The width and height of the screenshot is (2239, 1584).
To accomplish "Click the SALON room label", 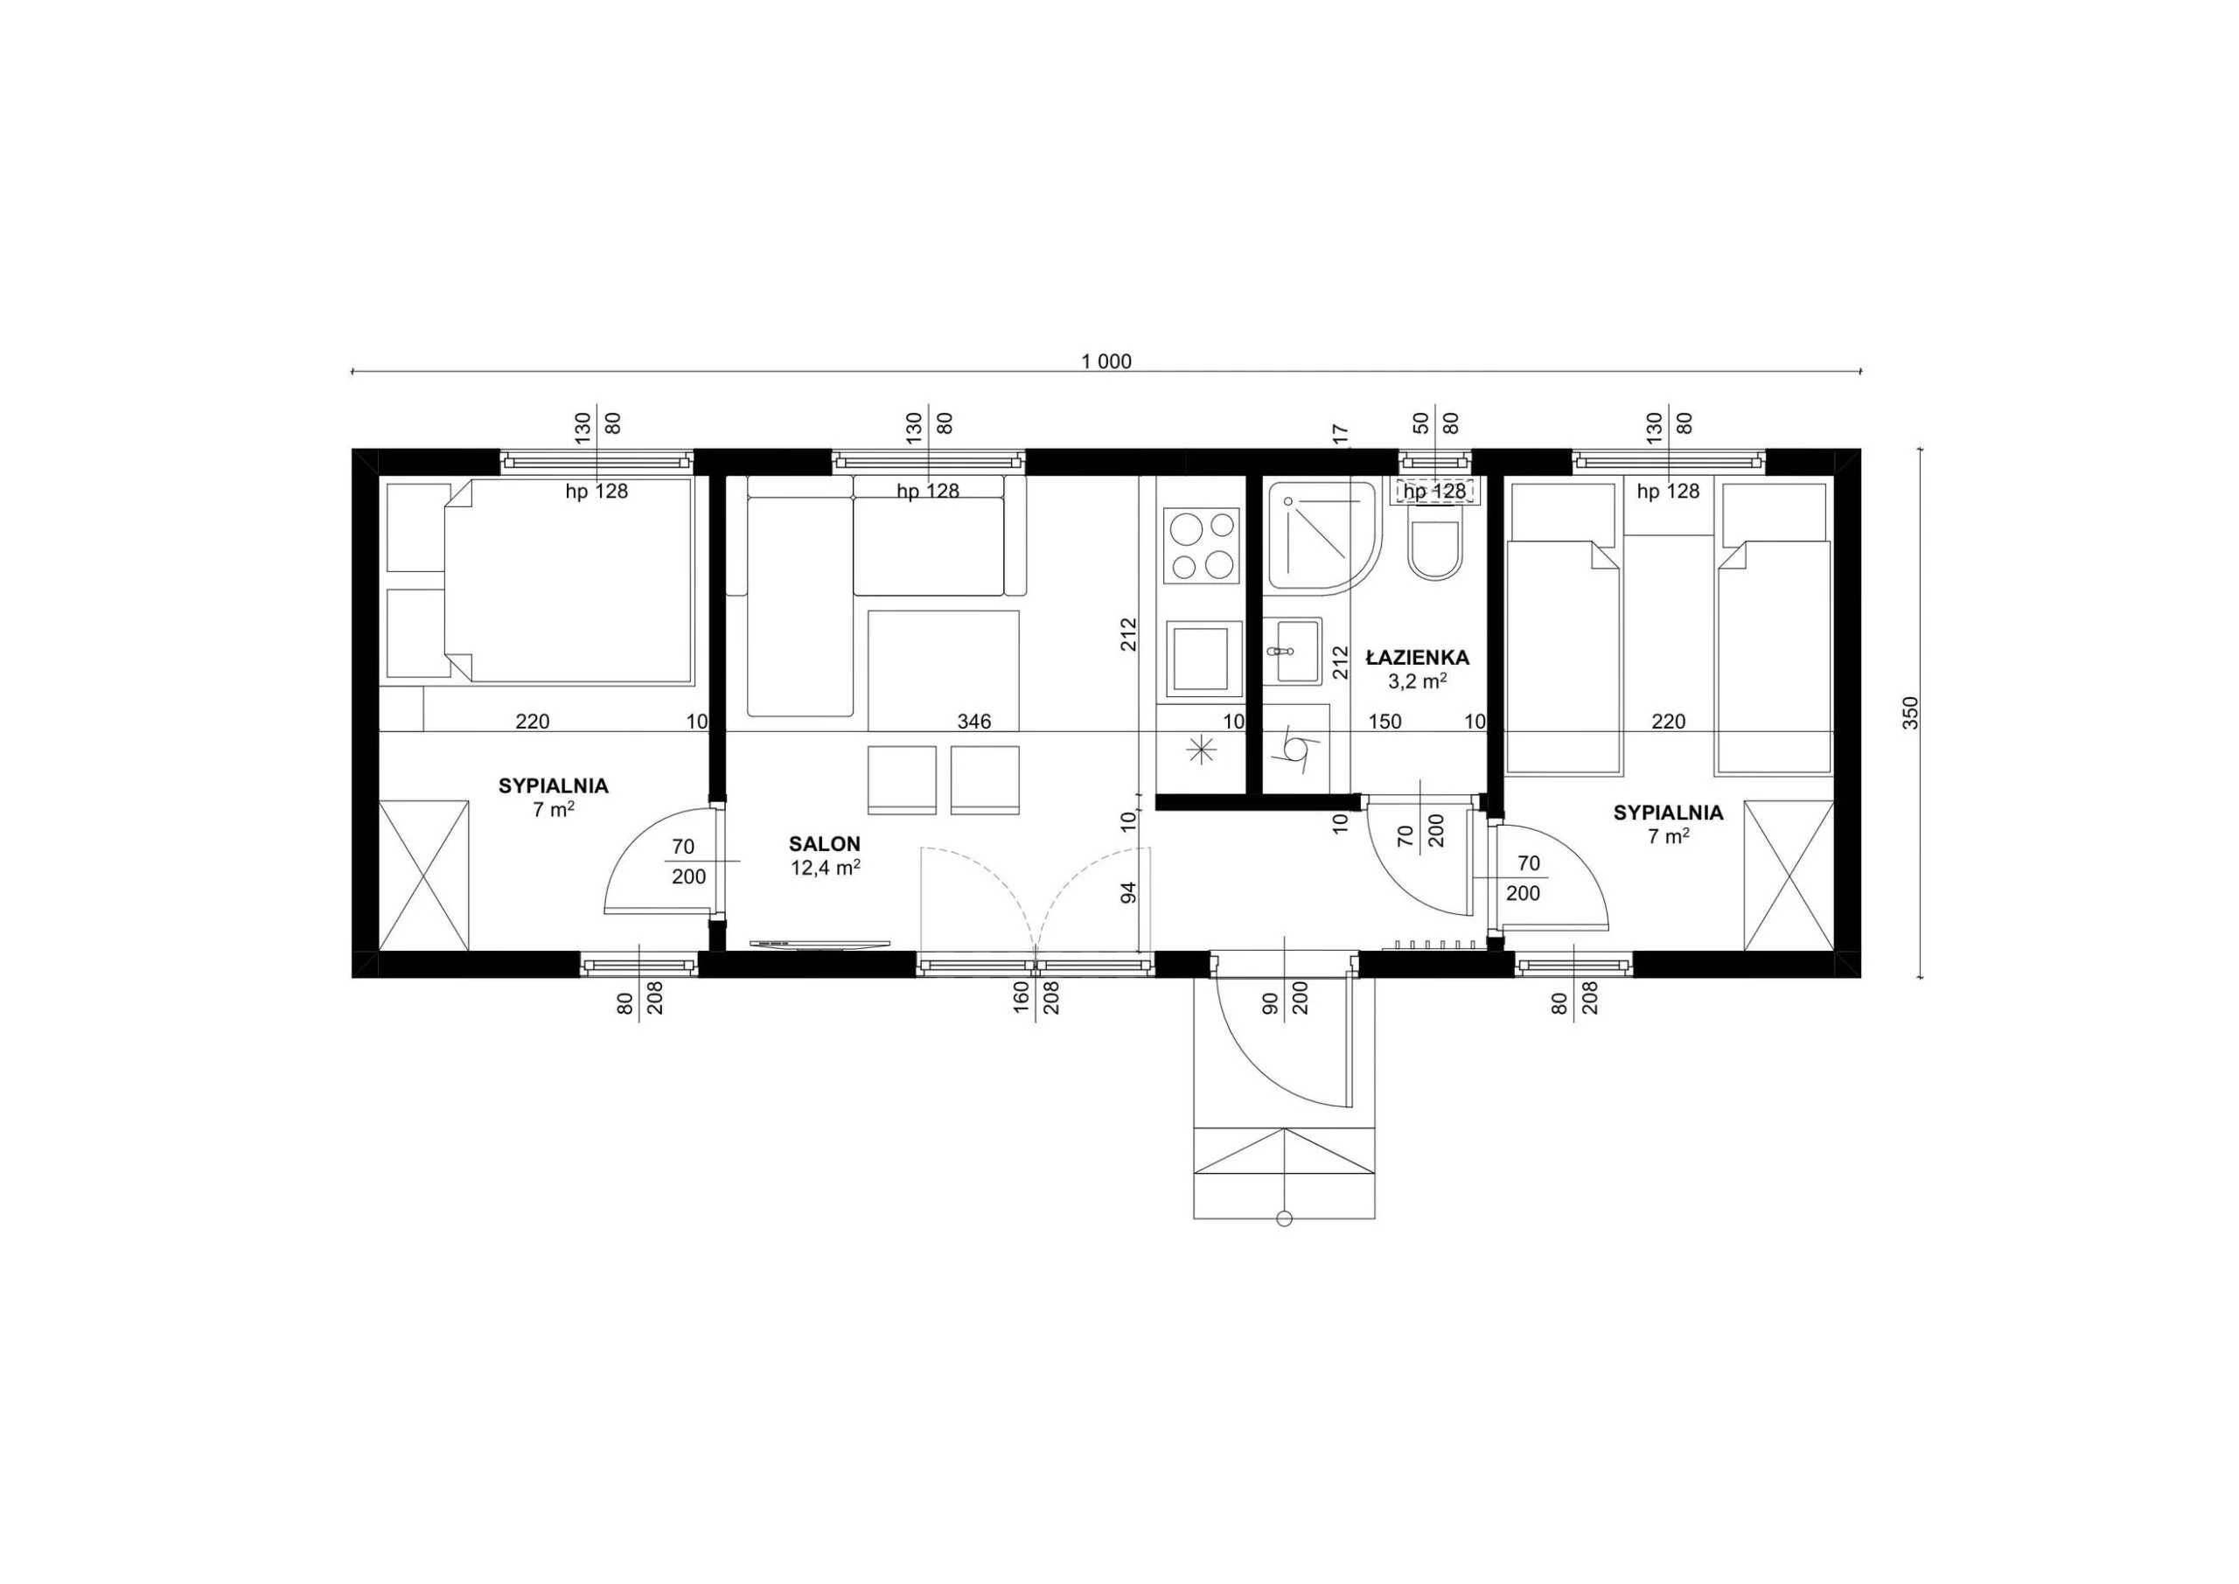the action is (824, 845).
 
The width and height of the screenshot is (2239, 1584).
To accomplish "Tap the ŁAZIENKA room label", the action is (1417, 658).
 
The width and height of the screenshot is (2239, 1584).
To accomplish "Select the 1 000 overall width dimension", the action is (1106, 362).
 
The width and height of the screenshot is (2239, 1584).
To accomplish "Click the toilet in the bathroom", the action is (1434, 551).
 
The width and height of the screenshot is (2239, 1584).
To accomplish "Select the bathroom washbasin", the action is (1293, 651).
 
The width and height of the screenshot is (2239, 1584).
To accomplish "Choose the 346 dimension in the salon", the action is (973, 722).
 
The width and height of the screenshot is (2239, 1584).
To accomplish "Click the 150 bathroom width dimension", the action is (1385, 722).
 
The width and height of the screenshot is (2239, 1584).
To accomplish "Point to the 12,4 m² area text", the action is (825, 868).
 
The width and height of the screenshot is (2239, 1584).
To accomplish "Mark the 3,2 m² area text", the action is (1417, 681).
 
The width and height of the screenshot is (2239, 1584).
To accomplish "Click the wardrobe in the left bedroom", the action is (423, 875).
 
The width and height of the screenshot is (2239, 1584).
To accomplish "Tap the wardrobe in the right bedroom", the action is (1789, 875).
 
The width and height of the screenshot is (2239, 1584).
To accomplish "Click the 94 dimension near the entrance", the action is (1129, 892).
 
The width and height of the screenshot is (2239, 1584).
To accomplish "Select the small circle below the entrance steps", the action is (1284, 1218).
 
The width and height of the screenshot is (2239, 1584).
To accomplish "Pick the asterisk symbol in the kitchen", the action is (1201, 749).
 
